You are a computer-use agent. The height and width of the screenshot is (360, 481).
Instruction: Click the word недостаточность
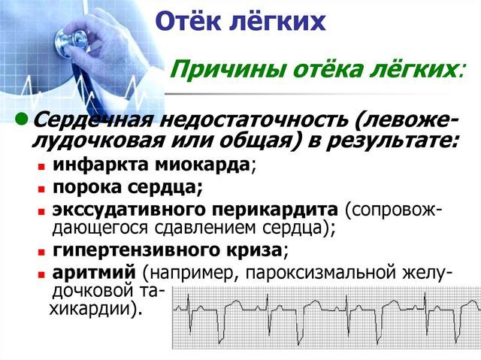click(235, 120)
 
